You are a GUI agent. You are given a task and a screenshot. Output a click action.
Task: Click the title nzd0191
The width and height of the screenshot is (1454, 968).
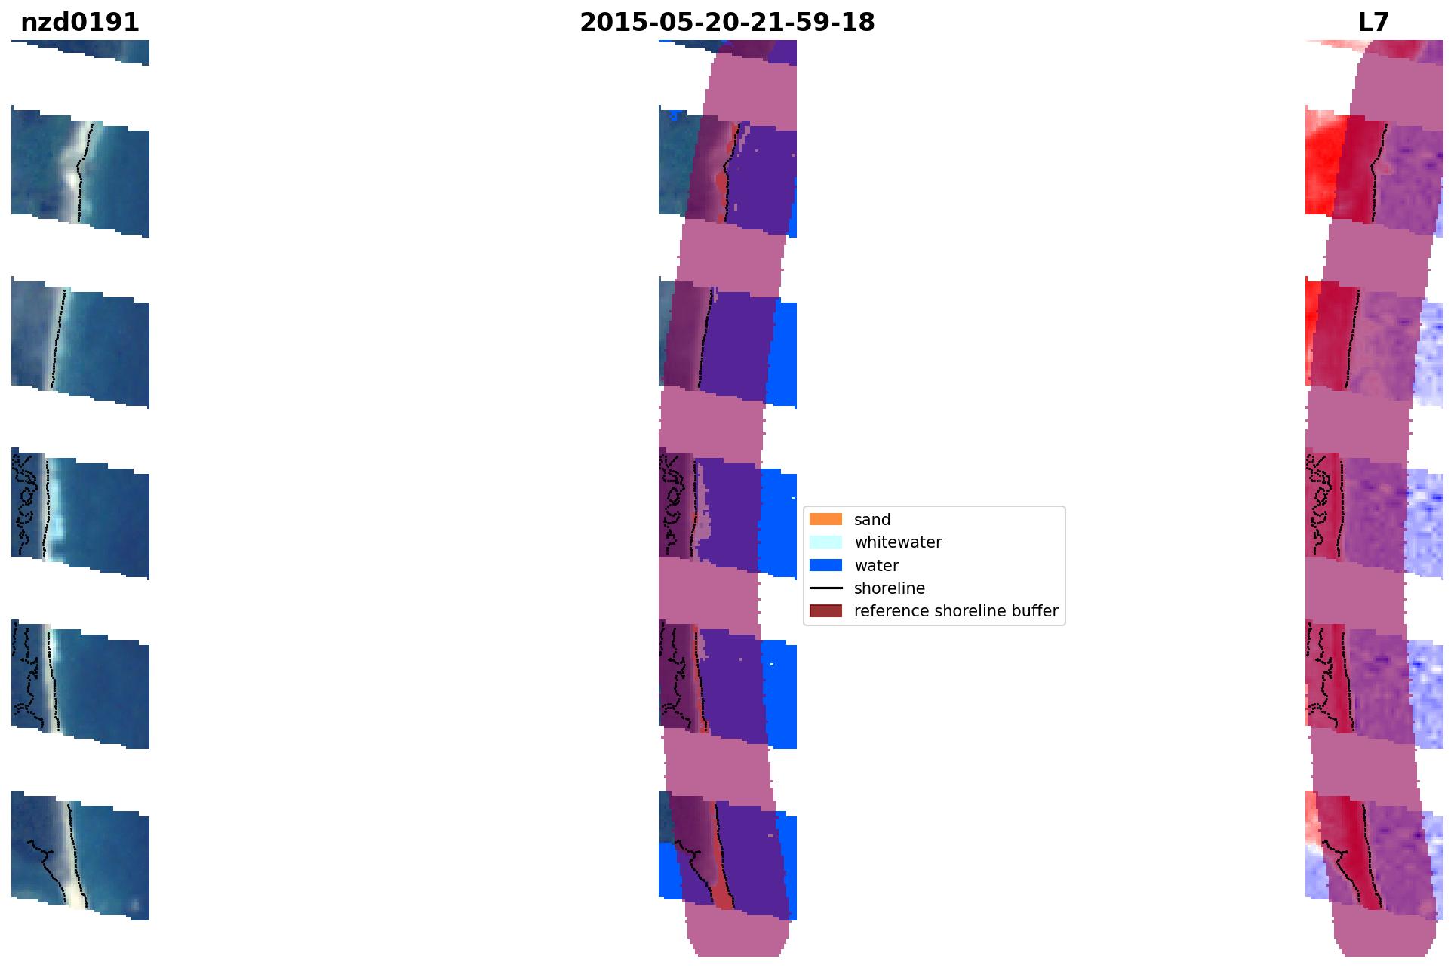click(80, 23)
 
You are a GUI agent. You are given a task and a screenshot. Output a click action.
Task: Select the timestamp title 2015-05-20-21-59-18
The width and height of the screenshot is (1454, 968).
click(727, 23)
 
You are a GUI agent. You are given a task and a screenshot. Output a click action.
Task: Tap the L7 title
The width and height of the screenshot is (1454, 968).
click(1373, 23)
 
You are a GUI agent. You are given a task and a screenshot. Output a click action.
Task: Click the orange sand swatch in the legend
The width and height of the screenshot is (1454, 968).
click(825, 519)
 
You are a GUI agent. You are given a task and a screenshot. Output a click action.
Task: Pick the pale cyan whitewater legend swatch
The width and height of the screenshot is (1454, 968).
click(825, 542)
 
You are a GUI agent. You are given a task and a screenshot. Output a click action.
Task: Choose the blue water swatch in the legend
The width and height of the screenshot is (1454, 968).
click(825, 565)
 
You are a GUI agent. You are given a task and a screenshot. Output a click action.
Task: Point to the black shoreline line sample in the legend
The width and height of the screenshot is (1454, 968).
click(825, 588)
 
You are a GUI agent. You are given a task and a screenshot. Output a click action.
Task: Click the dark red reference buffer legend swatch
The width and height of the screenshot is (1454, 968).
click(825, 610)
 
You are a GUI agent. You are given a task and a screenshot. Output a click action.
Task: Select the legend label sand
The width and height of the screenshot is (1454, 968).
click(872, 520)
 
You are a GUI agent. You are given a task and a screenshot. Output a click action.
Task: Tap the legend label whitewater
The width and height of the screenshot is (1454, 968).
click(898, 542)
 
